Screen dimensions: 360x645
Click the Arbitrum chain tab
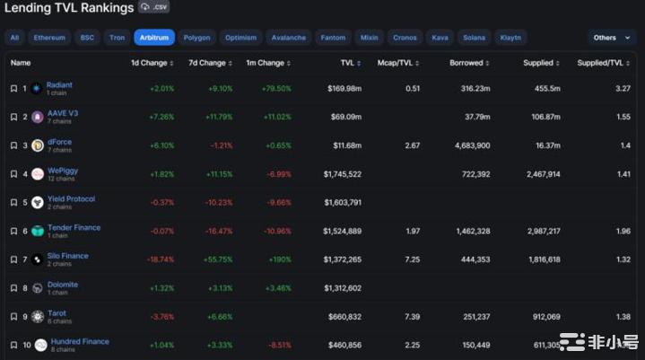click(154, 38)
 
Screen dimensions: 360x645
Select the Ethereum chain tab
click(49, 38)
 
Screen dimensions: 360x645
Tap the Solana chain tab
click(474, 38)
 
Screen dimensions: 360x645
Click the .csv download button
click(154, 7)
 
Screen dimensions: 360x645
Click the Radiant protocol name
click(60, 85)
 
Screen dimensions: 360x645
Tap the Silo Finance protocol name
click(68, 256)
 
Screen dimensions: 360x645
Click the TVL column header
click(350, 64)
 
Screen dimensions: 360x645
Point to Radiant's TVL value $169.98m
click(344, 89)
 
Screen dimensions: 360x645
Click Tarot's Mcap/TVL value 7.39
click(413, 317)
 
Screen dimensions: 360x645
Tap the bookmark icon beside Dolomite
click(13, 288)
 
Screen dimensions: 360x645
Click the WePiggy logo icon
click(38, 174)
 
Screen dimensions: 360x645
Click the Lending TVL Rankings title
click(66, 8)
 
